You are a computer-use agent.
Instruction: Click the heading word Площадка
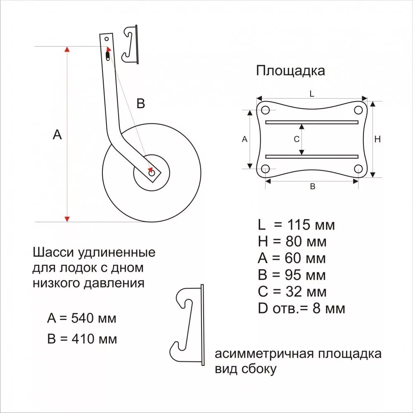[290, 71]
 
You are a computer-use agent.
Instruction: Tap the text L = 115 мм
[296, 225]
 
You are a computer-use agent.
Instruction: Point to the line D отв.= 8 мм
[301, 308]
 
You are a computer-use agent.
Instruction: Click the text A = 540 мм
[82, 318]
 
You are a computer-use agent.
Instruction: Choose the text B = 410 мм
[82, 339]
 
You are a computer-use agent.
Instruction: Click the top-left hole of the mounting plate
[266, 110]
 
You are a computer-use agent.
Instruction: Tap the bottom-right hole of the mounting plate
[358, 169]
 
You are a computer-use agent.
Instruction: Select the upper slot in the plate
[312, 122]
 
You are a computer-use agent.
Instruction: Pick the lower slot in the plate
[312, 157]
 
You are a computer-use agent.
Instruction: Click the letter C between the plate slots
[296, 140]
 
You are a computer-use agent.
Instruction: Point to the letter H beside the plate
[377, 140]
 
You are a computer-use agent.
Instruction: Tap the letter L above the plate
[312, 94]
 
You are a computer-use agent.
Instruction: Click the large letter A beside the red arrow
[57, 135]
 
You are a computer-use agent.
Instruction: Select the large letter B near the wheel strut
[141, 104]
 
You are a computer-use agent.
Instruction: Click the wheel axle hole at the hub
[152, 173]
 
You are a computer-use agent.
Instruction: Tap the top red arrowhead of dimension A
[67, 50]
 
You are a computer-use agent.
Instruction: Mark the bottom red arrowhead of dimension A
[67, 218]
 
